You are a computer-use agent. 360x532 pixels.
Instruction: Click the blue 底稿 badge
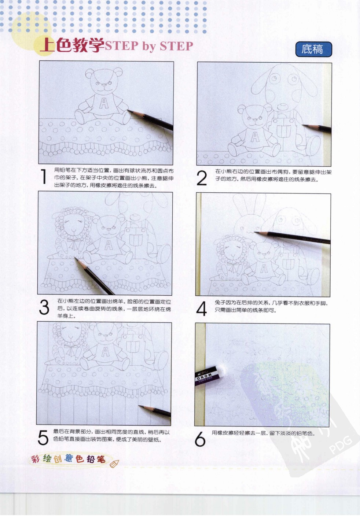(313, 49)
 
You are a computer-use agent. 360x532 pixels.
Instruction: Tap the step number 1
(44, 177)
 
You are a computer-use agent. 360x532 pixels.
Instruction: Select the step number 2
(202, 178)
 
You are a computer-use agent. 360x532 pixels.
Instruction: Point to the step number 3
(44, 307)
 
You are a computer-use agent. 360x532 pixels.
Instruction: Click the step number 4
(202, 309)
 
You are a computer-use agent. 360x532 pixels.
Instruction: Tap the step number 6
(200, 439)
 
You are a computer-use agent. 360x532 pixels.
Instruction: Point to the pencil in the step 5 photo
(156, 410)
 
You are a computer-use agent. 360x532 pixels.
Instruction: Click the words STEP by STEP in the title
(149, 46)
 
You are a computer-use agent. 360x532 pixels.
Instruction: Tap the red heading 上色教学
(72, 45)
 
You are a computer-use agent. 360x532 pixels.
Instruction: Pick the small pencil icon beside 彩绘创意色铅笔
(114, 463)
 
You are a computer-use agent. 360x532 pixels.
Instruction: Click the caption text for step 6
(263, 433)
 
